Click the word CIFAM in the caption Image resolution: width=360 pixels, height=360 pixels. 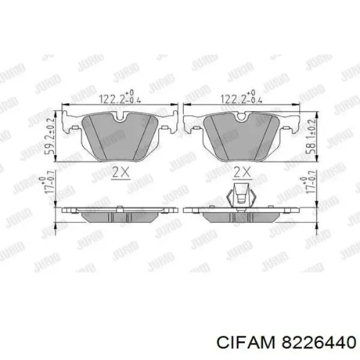(x=245, y=343)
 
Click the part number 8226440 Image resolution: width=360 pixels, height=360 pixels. (x=319, y=343)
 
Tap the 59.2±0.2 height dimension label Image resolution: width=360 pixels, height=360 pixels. (x=50, y=136)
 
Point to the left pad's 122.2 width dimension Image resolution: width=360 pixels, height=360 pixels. (x=119, y=97)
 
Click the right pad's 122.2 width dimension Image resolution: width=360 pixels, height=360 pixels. (x=241, y=97)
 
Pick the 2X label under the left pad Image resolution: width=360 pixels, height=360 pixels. (x=121, y=172)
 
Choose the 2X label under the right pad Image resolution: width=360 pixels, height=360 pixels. (x=242, y=172)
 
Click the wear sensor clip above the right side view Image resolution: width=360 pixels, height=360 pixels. (x=241, y=196)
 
